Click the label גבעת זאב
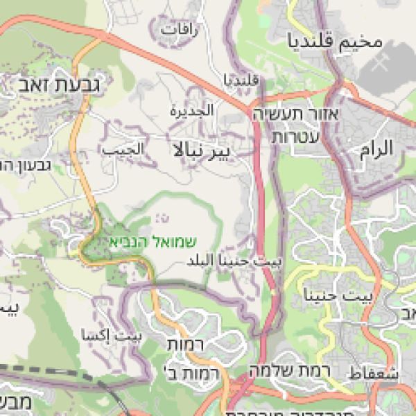(58, 85)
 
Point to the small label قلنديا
(241, 80)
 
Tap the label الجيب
(123, 149)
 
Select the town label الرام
(376, 147)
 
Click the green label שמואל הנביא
(153, 241)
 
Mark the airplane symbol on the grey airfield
(379, 62)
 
